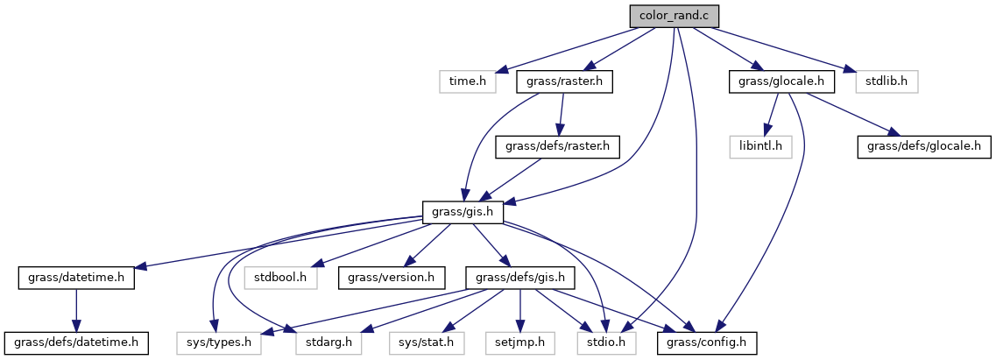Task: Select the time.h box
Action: pyautogui.click(x=467, y=81)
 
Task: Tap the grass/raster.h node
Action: pyautogui.click(x=565, y=81)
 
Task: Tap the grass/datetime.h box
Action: pyautogui.click(x=76, y=277)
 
